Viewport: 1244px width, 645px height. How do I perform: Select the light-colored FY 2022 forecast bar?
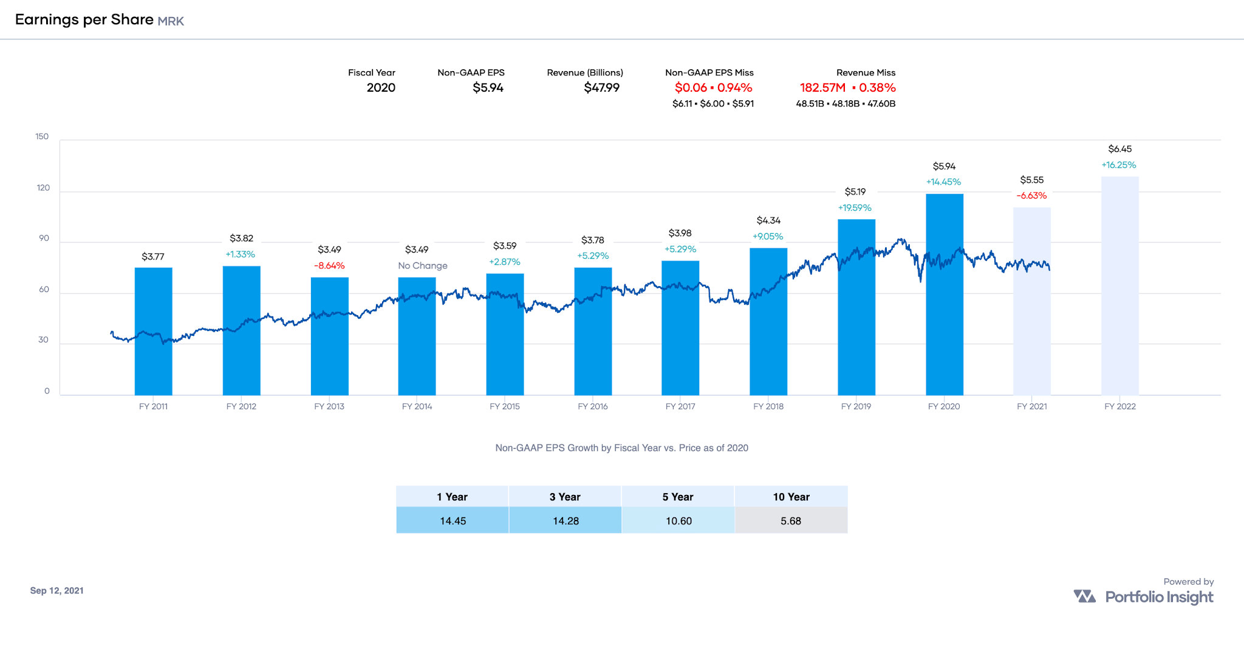tap(1119, 285)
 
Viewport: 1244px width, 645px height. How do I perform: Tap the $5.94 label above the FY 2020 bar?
tap(944, 166)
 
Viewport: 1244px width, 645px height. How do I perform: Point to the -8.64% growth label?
tap(329, 266)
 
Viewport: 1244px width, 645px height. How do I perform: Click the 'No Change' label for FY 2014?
tap(423, 266)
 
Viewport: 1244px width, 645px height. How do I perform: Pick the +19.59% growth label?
tap(855, 208)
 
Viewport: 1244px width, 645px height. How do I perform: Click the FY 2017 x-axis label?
tap(680, 406)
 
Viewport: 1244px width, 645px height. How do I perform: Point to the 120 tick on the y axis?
tap(43, 188)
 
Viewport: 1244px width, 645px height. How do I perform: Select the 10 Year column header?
tap(791, 497)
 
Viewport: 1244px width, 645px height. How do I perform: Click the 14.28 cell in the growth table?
tap(566, 521)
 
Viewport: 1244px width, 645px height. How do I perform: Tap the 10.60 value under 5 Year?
tap(678, 521)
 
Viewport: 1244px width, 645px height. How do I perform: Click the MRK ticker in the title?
tap(171, 21)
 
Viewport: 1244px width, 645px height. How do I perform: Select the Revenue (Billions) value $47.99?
tap(601, 88)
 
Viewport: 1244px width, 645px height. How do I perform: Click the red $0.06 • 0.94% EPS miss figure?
tap(713, 88)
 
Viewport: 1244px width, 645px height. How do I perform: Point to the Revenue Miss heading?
tap(866, 73)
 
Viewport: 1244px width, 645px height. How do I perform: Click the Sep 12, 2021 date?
tap(57, 590)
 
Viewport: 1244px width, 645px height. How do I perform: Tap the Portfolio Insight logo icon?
tap(1084, 596)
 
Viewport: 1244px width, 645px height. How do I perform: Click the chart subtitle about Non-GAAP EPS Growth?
tap(621, 448)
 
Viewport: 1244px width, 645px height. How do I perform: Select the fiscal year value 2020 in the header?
tap(381, 88)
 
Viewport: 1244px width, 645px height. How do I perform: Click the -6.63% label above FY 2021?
tap(1031, 196)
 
